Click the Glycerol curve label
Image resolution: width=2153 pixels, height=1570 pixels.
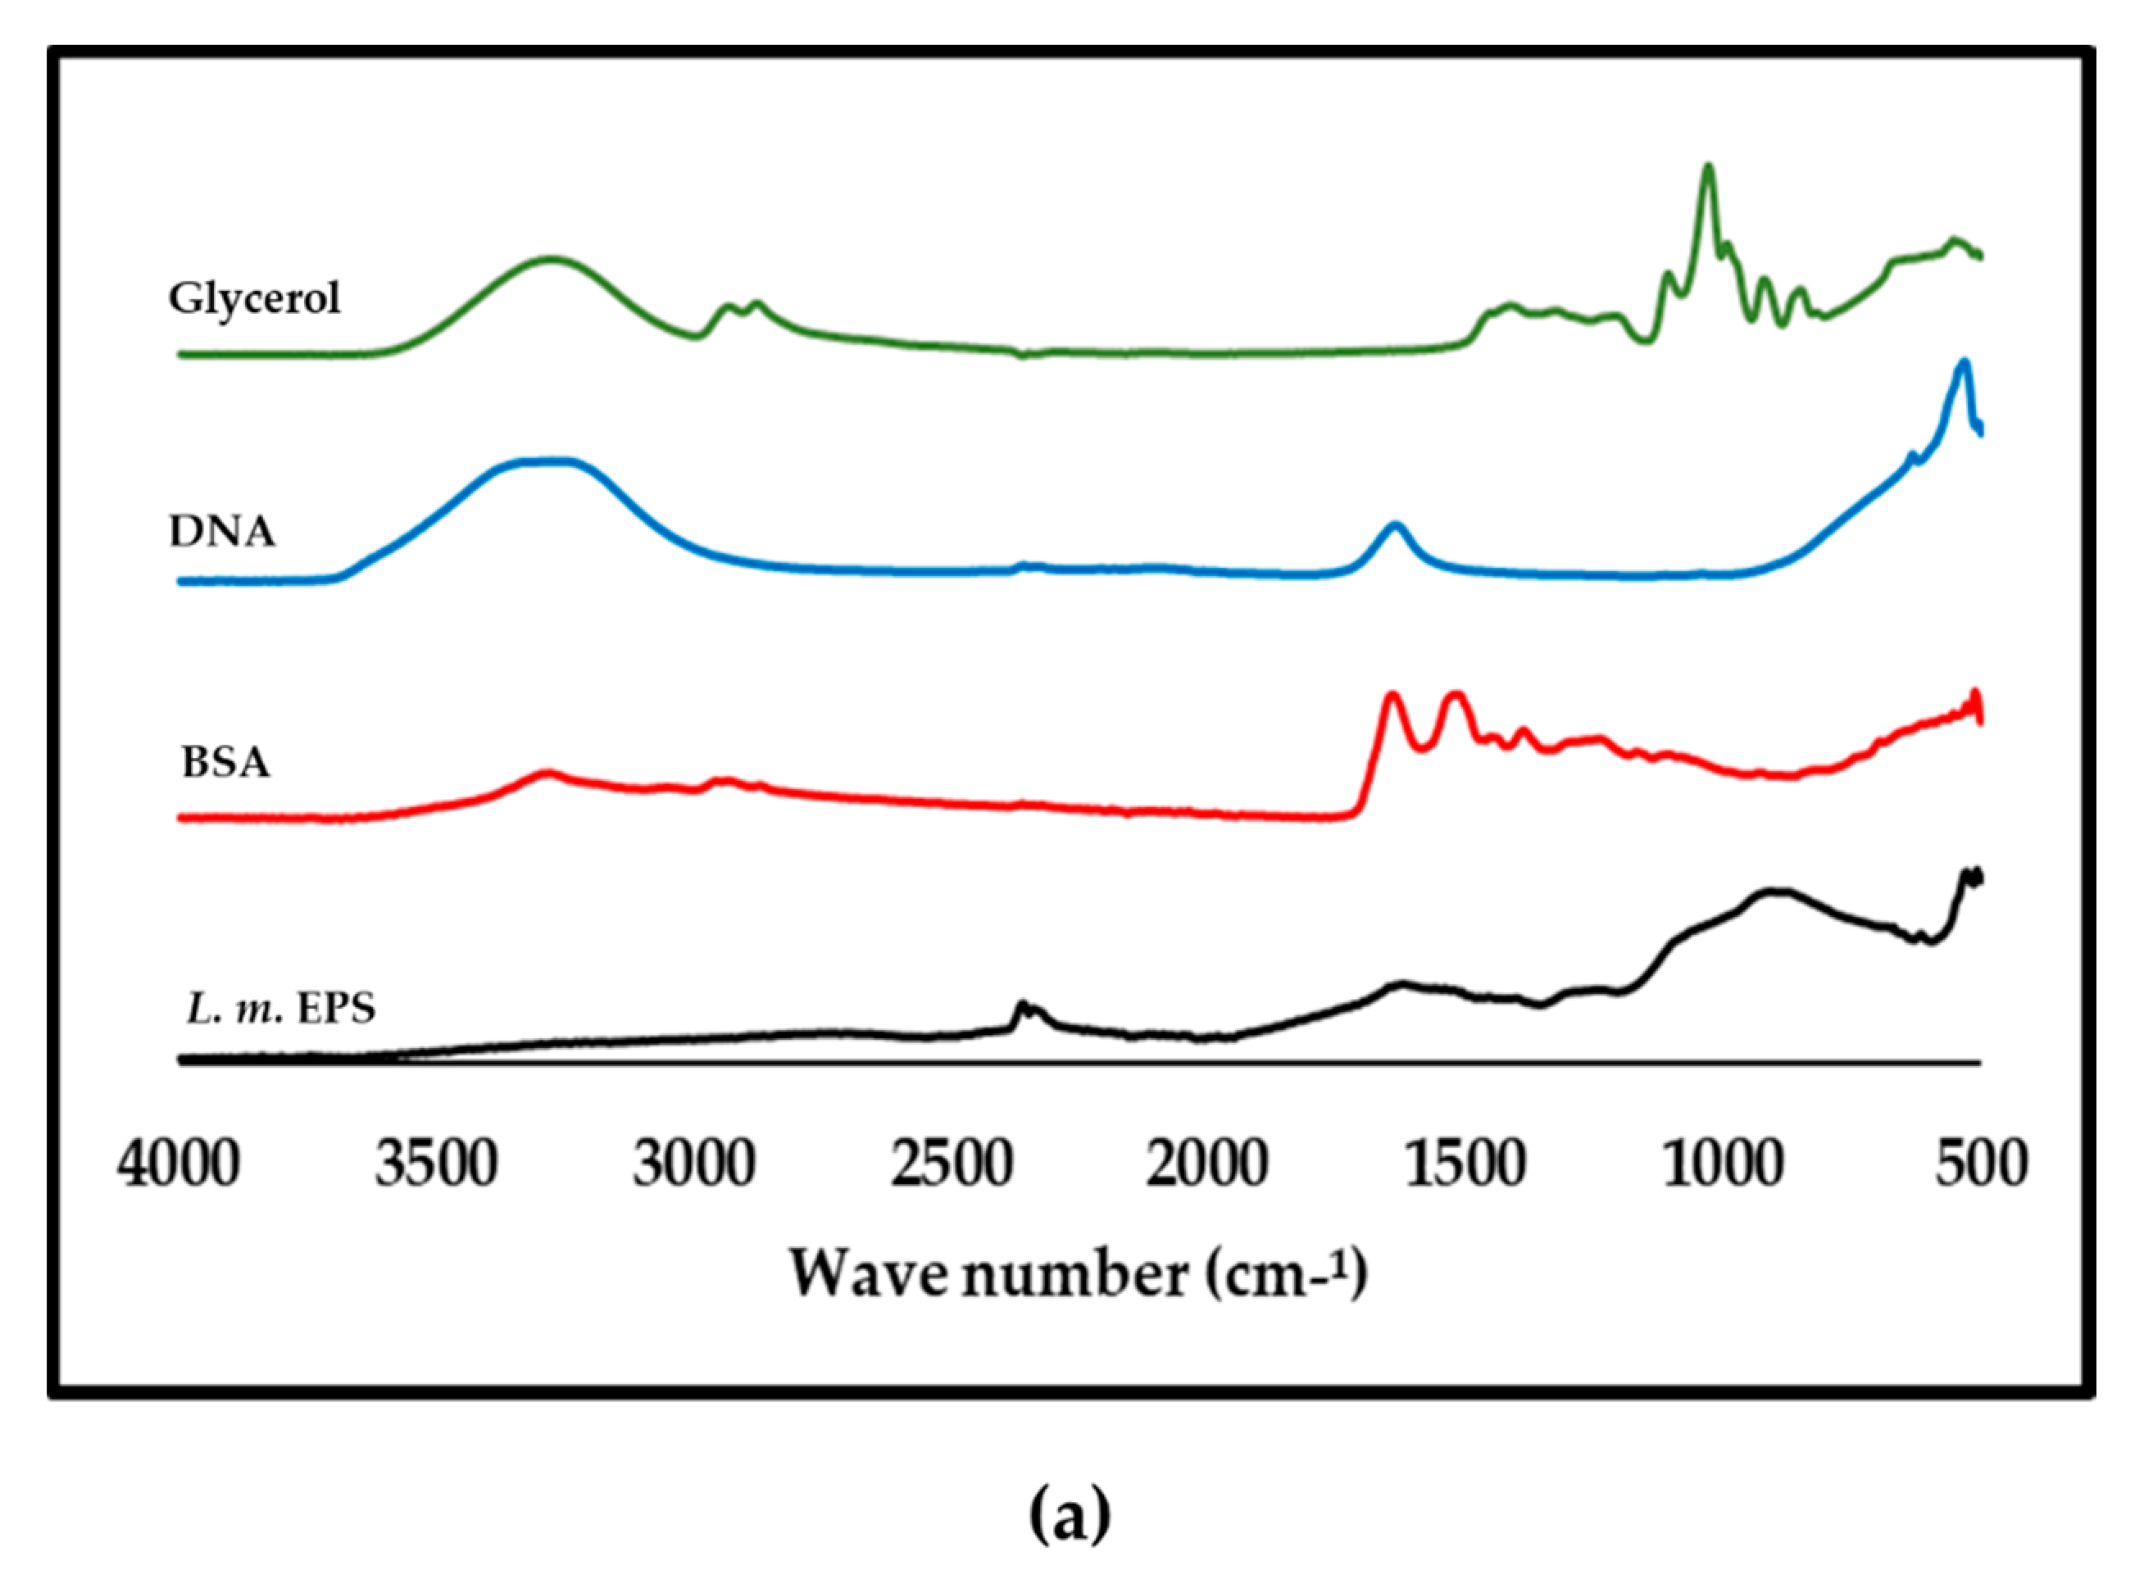click(254, 299)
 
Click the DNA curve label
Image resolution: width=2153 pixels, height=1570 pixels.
click(222, 532)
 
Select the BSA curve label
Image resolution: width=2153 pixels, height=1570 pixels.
click(225, 762)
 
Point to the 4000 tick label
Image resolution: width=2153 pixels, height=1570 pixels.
click(179, 1165)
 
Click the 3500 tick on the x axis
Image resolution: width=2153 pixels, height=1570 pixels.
click(436, 1165)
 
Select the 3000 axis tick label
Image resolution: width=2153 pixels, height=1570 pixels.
click(694, 1165)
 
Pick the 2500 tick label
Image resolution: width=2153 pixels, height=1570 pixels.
click(952, 1165)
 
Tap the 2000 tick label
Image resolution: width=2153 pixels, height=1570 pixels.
click(1207, 1165)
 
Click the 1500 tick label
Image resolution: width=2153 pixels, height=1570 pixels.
click(1465, 1165)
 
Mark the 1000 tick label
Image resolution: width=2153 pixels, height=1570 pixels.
click(1723, 1165)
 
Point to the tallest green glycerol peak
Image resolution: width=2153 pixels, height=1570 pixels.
click(1708, 167)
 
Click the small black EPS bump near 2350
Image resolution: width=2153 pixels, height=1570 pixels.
click(1023, 1004)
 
